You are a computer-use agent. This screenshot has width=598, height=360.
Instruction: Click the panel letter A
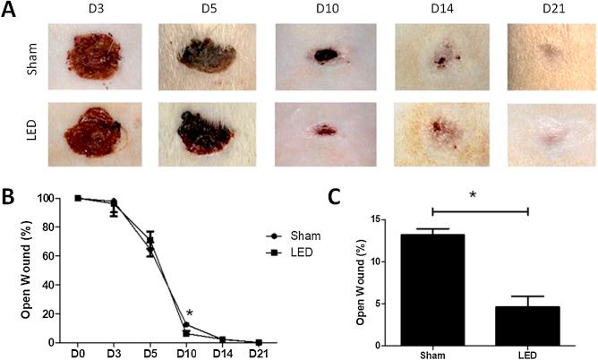(x=10, y=11)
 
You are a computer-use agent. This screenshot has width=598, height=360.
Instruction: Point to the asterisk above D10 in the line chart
(x=189, y=313)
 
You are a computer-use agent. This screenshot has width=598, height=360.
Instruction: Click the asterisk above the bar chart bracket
(x=480, y=193)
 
